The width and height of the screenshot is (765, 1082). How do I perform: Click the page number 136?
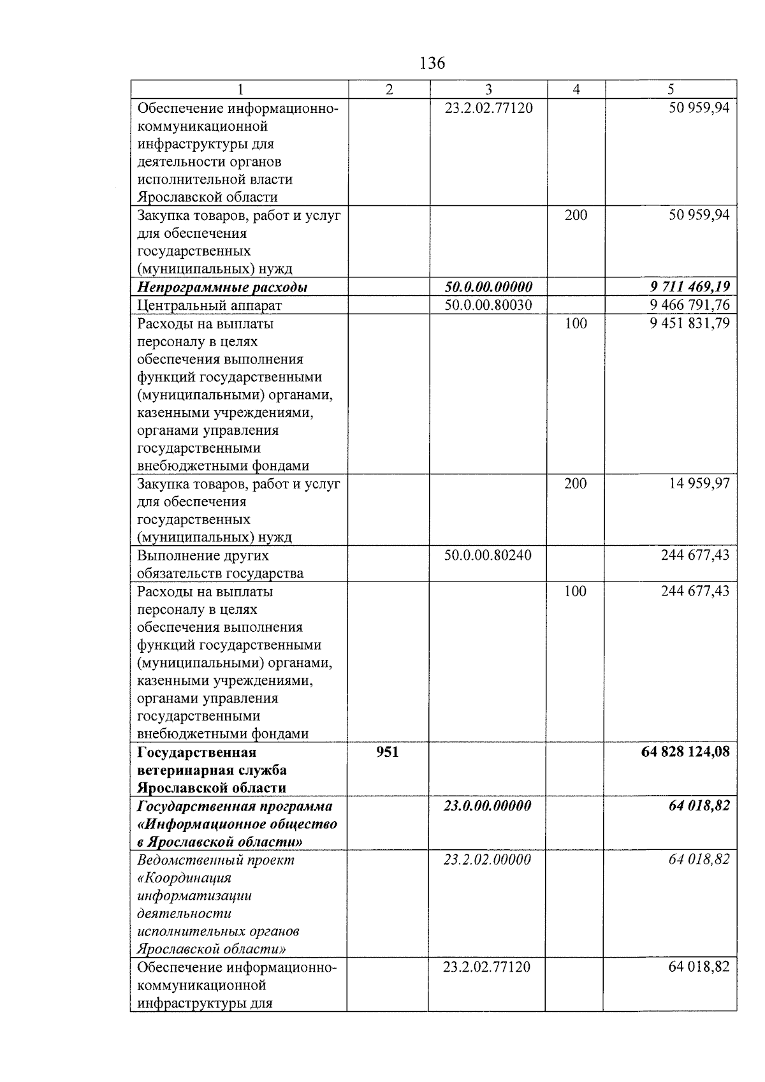pyautogui.click(x=432, y=63)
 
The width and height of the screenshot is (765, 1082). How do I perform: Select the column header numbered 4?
pyautogui.click(x=576, y=90)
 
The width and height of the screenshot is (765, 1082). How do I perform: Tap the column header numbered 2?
pyautogui.click(x=389, y=90)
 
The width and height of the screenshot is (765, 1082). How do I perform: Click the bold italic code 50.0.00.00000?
pyautogui.click(x=488, y=287)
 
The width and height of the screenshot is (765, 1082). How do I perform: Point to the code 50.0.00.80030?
pyautogui.click(x=488, y=305)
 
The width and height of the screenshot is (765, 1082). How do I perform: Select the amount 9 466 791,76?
pyautogui.click(x=689, y=305)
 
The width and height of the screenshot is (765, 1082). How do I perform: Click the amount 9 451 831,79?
pyautogui.click(x=689, y=323)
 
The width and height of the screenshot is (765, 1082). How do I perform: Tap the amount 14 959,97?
pyautogui.click(x=699, y=483)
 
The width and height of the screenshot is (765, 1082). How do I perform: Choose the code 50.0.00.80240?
pyautogui.click(x=488, y=555)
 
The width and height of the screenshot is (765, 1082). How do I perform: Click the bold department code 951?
pyautogui.click(x=388, y=752)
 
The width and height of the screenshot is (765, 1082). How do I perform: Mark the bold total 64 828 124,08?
pyautogui.click(x=685, y=752)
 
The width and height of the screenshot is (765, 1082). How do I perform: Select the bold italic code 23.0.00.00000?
pyautogui.click(x=488, y=806)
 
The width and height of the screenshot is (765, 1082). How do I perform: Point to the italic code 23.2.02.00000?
pyautogui.click(x=487, y=859)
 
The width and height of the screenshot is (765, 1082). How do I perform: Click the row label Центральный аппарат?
pyautogui.click(x=210, y=305)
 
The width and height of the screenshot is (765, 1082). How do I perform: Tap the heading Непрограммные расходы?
pyautogui.click(x=222, y=288)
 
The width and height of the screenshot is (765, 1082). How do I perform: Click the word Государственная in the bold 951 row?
pyautogui.click(x=196, y=753)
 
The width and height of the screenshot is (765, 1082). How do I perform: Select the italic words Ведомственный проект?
pyautogui.click(x=216, y=860)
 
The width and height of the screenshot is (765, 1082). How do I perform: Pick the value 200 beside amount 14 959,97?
pyautogui.click(x=576, y=483)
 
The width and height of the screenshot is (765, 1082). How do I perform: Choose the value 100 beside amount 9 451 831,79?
pyautogui.click(x=576, y=323)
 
